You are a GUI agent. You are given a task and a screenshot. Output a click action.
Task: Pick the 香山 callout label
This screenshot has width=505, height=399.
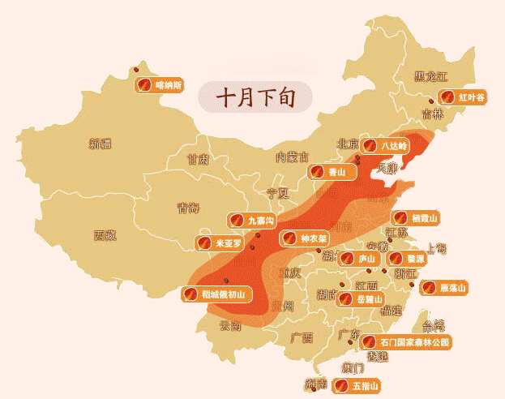point(329,172)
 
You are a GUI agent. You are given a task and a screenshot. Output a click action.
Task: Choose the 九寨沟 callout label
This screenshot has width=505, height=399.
point(252,220)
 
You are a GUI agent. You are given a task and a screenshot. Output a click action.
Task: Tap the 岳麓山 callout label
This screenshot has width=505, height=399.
point(360,299)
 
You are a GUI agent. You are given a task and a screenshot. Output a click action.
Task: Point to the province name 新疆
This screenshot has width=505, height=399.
point(101,144)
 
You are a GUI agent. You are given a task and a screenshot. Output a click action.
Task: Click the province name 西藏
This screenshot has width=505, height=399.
point(105,236)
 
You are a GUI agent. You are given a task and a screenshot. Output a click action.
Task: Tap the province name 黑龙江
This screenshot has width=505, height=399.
point(430,76)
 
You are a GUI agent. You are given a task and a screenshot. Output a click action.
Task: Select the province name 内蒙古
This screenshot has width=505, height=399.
point(292,157)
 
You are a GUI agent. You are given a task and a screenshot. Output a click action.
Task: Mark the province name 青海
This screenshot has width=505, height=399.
point(188,208)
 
